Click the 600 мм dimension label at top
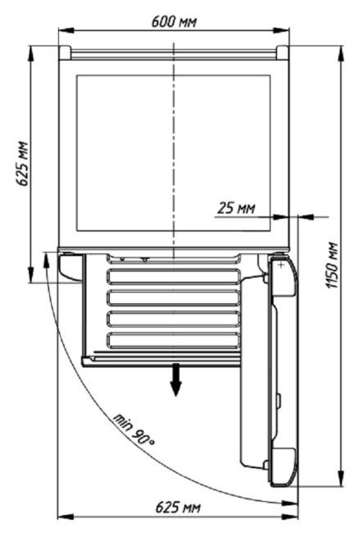174,22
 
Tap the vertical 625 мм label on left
23,163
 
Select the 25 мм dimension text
236,207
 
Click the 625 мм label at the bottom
178,508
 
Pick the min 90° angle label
134,430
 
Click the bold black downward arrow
175,380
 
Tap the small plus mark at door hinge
280,265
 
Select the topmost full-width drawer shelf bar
174,276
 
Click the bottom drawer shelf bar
174,340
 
